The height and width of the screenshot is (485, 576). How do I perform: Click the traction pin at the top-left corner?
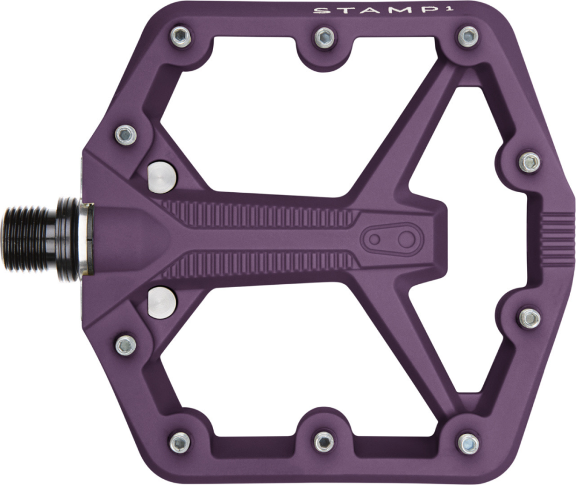click(x=180, y=37)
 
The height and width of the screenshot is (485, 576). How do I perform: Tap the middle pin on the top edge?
click(x=324, y=38)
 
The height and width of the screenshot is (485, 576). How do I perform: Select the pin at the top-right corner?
click(x=468, y=37)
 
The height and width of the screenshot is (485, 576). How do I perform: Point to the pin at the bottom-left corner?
click(x=180, y=442)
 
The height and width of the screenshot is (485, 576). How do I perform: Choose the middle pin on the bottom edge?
click(x=324, y=441)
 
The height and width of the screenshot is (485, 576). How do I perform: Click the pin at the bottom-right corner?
click(x=468, y=442)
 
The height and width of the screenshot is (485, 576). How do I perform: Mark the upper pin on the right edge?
click(x=530, y=162)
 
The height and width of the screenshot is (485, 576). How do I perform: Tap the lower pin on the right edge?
click(x=530, y=318)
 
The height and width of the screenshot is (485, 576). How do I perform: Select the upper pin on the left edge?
click(x=126, y=135)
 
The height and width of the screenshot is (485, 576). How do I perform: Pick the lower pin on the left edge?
click(x=126, y=345)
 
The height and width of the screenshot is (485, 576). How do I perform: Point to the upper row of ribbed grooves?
click(x=259, y=213)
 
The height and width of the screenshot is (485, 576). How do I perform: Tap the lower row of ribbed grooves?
click(x=259, y=265)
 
